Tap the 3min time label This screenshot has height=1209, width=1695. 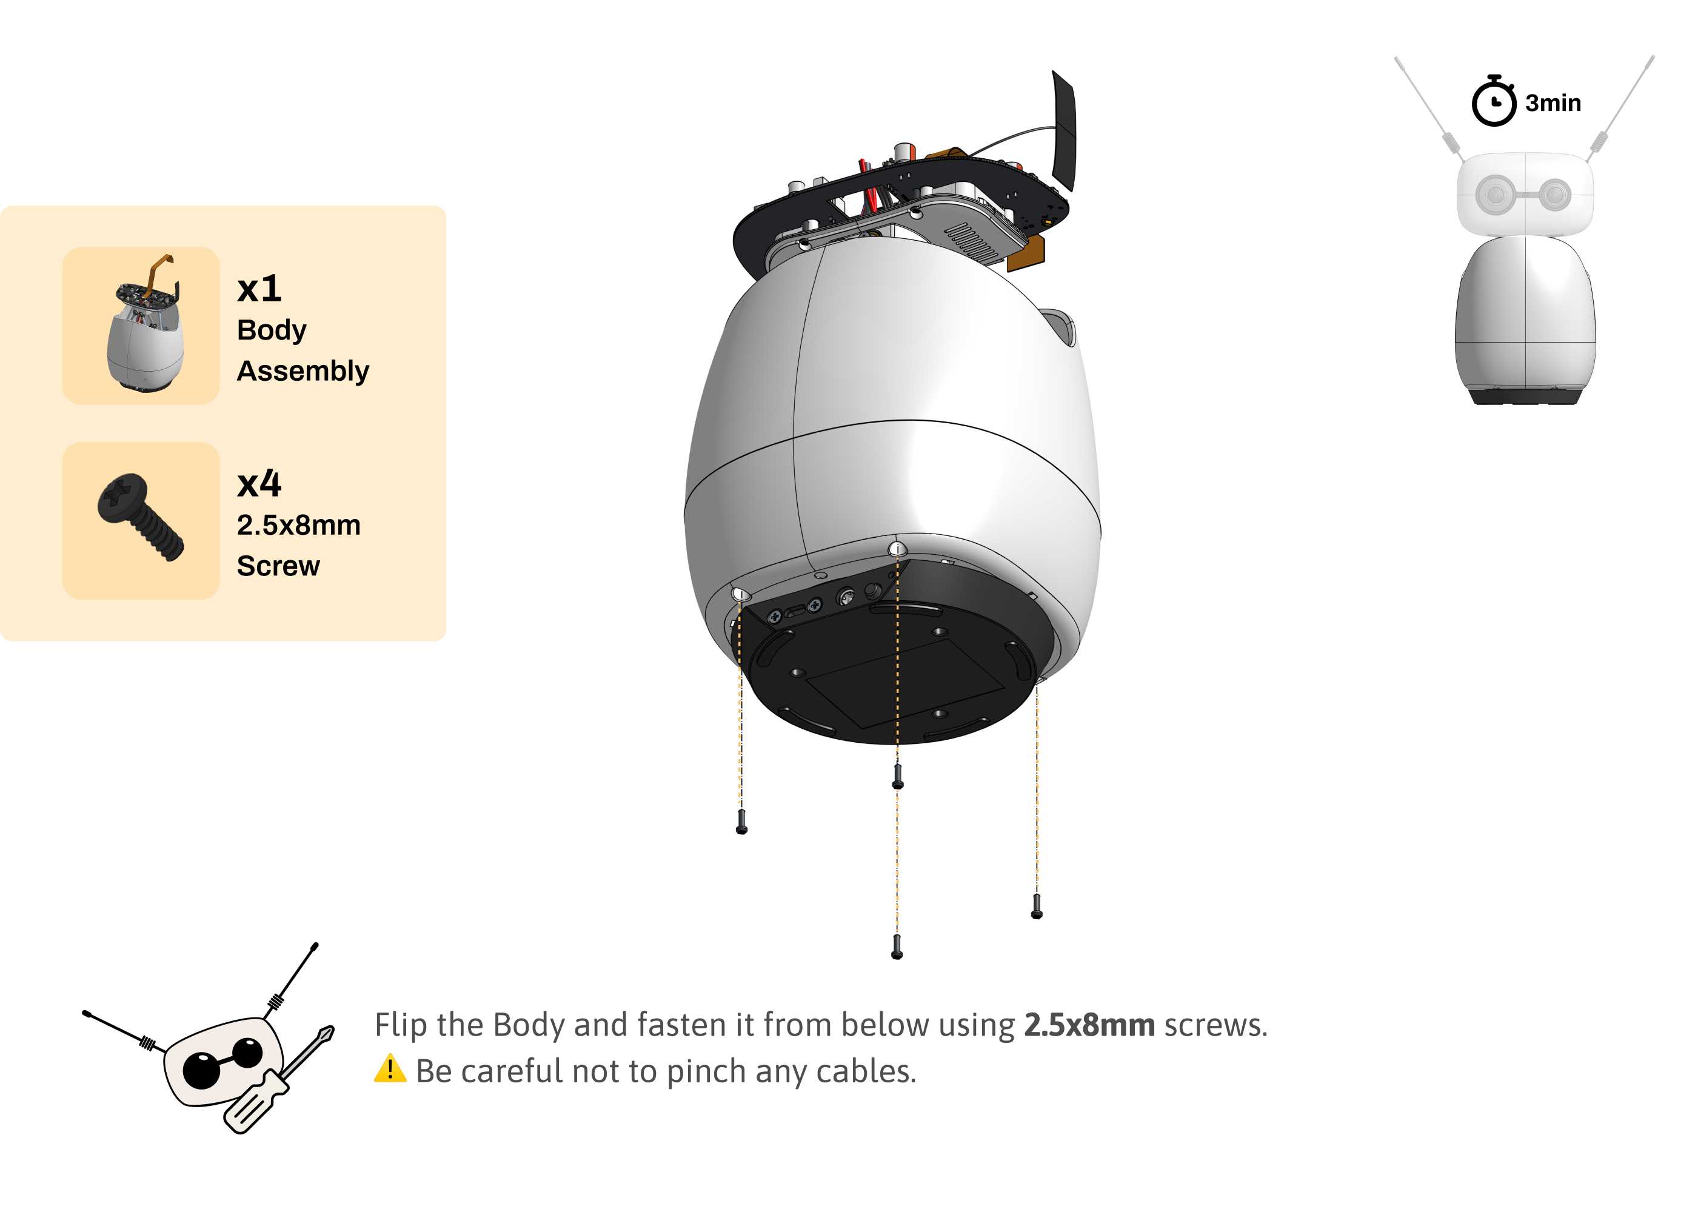tap(1553, 102)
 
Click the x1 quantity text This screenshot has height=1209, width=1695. tap(259, 289)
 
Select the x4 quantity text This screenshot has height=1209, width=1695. tap(259, 484)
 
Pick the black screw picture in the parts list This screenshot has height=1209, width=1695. tap(141, 517)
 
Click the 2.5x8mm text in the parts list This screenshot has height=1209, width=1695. tap(298, 525)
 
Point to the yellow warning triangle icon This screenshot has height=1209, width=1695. tap(390, 1069)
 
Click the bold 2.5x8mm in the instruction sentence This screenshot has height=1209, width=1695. tap(1089, 1025)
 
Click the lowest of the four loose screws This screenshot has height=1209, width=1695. tap(897, 946)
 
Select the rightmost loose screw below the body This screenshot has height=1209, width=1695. tap(1036, 906)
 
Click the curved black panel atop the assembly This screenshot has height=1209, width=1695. tap(1065, 131)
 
